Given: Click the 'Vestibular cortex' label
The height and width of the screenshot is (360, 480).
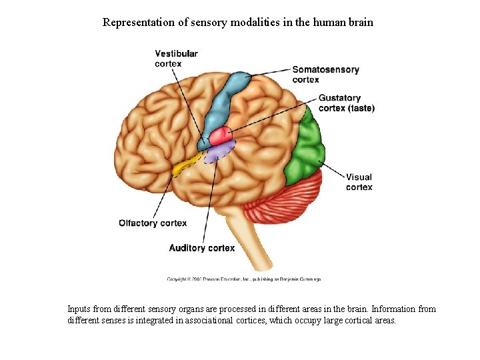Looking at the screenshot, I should coord(176,58).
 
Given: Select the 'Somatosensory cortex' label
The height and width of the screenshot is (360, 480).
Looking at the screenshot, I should coord(325,74).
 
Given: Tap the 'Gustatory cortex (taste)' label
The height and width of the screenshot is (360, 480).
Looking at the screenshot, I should coord(346,103).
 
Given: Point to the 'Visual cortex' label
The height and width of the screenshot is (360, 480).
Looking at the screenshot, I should coord(359,182).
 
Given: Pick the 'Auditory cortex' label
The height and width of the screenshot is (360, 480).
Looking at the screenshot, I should coord(201,248).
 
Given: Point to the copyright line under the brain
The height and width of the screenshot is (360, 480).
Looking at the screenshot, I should coord(243,279).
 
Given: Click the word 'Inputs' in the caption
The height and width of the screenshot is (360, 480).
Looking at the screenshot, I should coord(80,309).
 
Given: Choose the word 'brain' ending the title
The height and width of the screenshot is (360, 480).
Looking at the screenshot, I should coord(360,22).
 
